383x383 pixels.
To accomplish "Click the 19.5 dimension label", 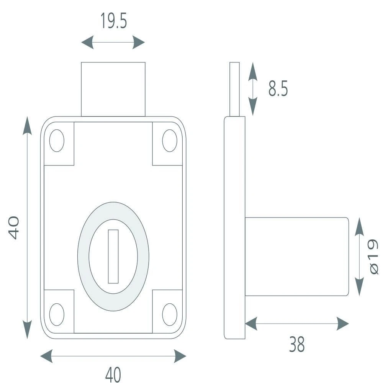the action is pyautogui.click(x=114, y=21).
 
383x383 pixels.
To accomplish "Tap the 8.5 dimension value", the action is pyautogui.click(x=278, y=88).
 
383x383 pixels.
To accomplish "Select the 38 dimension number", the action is pyautogui.click(x=297, y=344).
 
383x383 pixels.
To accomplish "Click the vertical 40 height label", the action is pyautogui.click(x=14, y=228).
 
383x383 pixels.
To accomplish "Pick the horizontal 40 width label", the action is pyautogui.click(x=113, y=375).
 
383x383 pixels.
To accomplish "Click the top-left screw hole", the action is pyautogui.click(x=57, y=141).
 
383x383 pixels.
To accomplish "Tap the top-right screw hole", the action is pyautogui.click(x=170, y=141).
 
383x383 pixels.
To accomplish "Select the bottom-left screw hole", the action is pyautogui.click(x=57, y=314).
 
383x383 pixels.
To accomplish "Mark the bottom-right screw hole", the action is pyautogui.click(x=170, y=314).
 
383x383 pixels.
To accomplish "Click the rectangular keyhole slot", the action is pyautogui.click(x=113, y=257).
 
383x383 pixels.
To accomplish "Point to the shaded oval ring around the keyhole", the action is pyautogui.click(x=83, y=257).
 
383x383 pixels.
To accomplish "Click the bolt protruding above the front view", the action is pyautogui.click(x=113, y=89).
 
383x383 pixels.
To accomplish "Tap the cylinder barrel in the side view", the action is pyautogui.click(x=297, y=257).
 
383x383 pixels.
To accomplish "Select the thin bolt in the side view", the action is pyautogui.click(x=234, y=89).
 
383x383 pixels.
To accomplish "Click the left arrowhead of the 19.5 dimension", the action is pyautogui.click(x=87, y=42).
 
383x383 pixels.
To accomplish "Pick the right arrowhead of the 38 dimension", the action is pyautogui.click(x=343, y=324).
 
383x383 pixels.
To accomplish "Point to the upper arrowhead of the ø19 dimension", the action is pyautogui.click(x=359, y=226).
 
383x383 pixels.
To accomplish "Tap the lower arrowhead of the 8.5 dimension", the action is pyautogui.click(x=253, y=106).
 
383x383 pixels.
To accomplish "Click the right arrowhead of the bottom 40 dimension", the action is pyautogui.click(x=180, y=356).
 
